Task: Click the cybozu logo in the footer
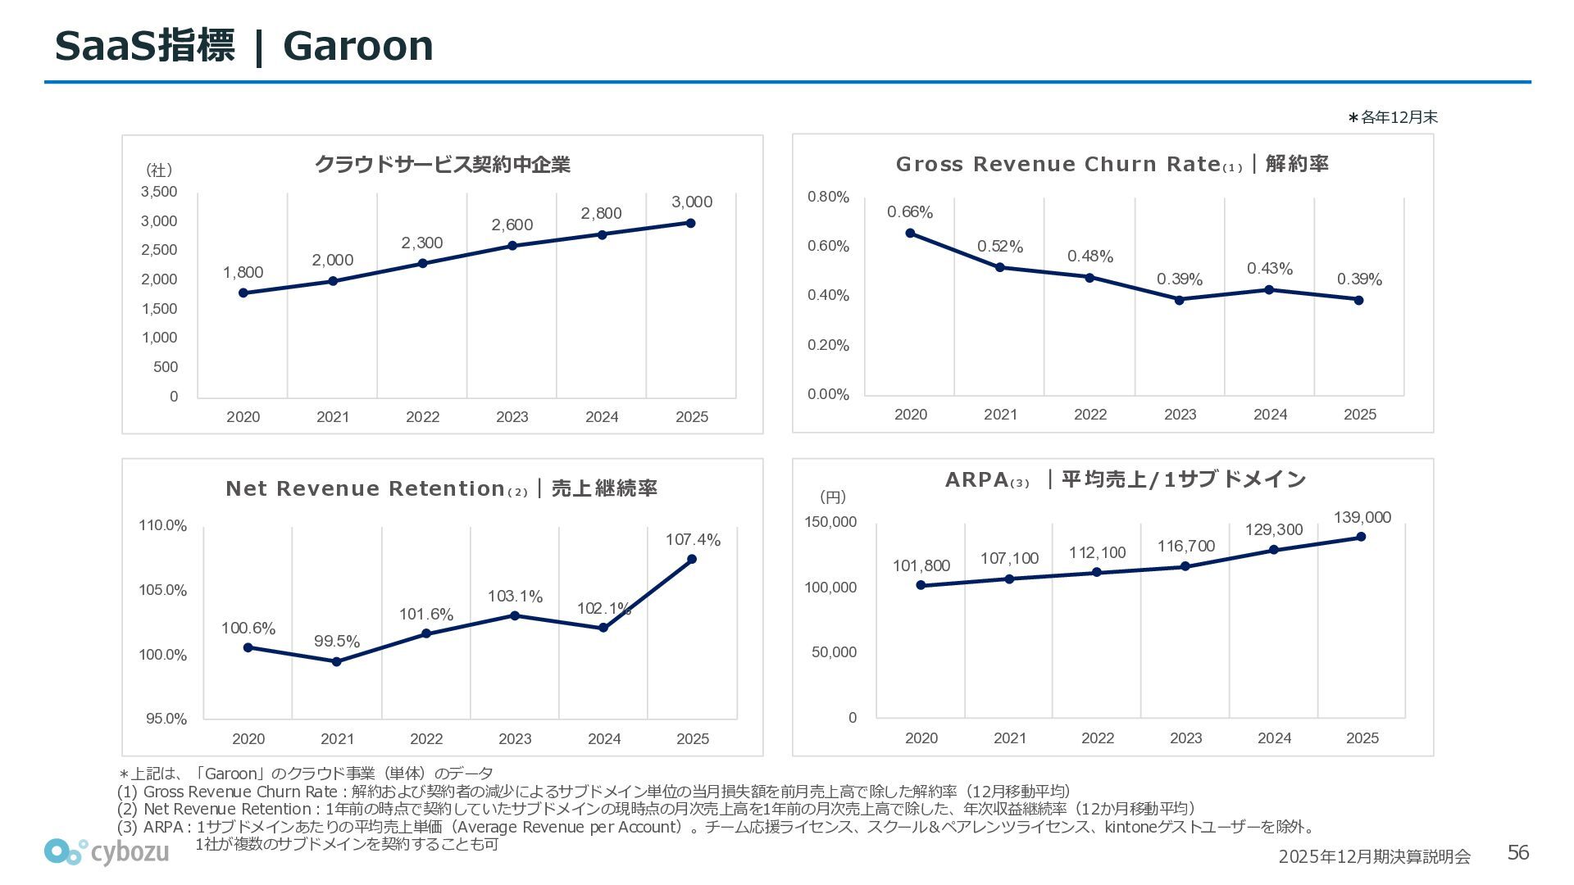(107, 852)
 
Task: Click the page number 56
(1518, 853)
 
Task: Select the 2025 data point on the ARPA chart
(1361, 537)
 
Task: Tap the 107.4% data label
(693, 540)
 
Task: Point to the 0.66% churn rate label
(910, 212)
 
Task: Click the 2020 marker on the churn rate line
(910, 234)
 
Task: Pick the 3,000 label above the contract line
(692, 202)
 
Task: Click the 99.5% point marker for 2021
(337, 661)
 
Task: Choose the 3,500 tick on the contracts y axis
(159, 192)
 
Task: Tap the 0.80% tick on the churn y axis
(828, 197)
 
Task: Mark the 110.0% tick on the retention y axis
(162, 525)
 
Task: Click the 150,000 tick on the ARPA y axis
(830, 522)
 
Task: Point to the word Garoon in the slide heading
(357, 46)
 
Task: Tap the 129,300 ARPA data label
(1274, 530)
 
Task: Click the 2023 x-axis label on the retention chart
(515, 739)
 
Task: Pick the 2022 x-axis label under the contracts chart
(422, 417)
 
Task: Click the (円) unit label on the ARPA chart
(833, 497)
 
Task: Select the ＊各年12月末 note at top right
(1393, 117)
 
